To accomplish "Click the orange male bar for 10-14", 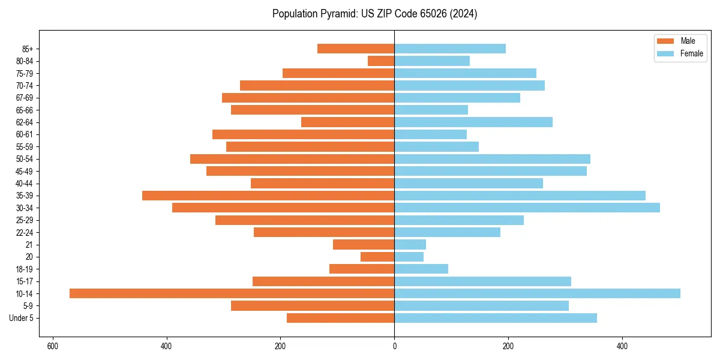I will (232, 293).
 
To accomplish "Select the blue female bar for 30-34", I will (527, 208).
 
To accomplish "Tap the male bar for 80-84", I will (381, 61).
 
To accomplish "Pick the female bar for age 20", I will (409, 257).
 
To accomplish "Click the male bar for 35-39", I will (268, 196).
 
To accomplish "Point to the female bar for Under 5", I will (496, 318).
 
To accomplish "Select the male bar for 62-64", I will (347, 122).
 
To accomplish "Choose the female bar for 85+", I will (450, 49).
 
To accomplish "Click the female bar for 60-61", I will (430, 134).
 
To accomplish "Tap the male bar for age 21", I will (364, 244).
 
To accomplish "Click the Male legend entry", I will (680, 41).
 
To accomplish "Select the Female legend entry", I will (683, 53).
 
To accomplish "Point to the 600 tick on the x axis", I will (53, 346).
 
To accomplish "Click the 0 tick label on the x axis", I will (394, 346).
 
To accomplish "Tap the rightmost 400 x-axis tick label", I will (622, 346).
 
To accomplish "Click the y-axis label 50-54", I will (25, 159).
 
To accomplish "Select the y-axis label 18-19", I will (25, 269).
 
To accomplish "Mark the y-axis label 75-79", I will (25, 73).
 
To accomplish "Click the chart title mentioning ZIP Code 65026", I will (374, 14).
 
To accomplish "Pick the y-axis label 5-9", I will (28, 306).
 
